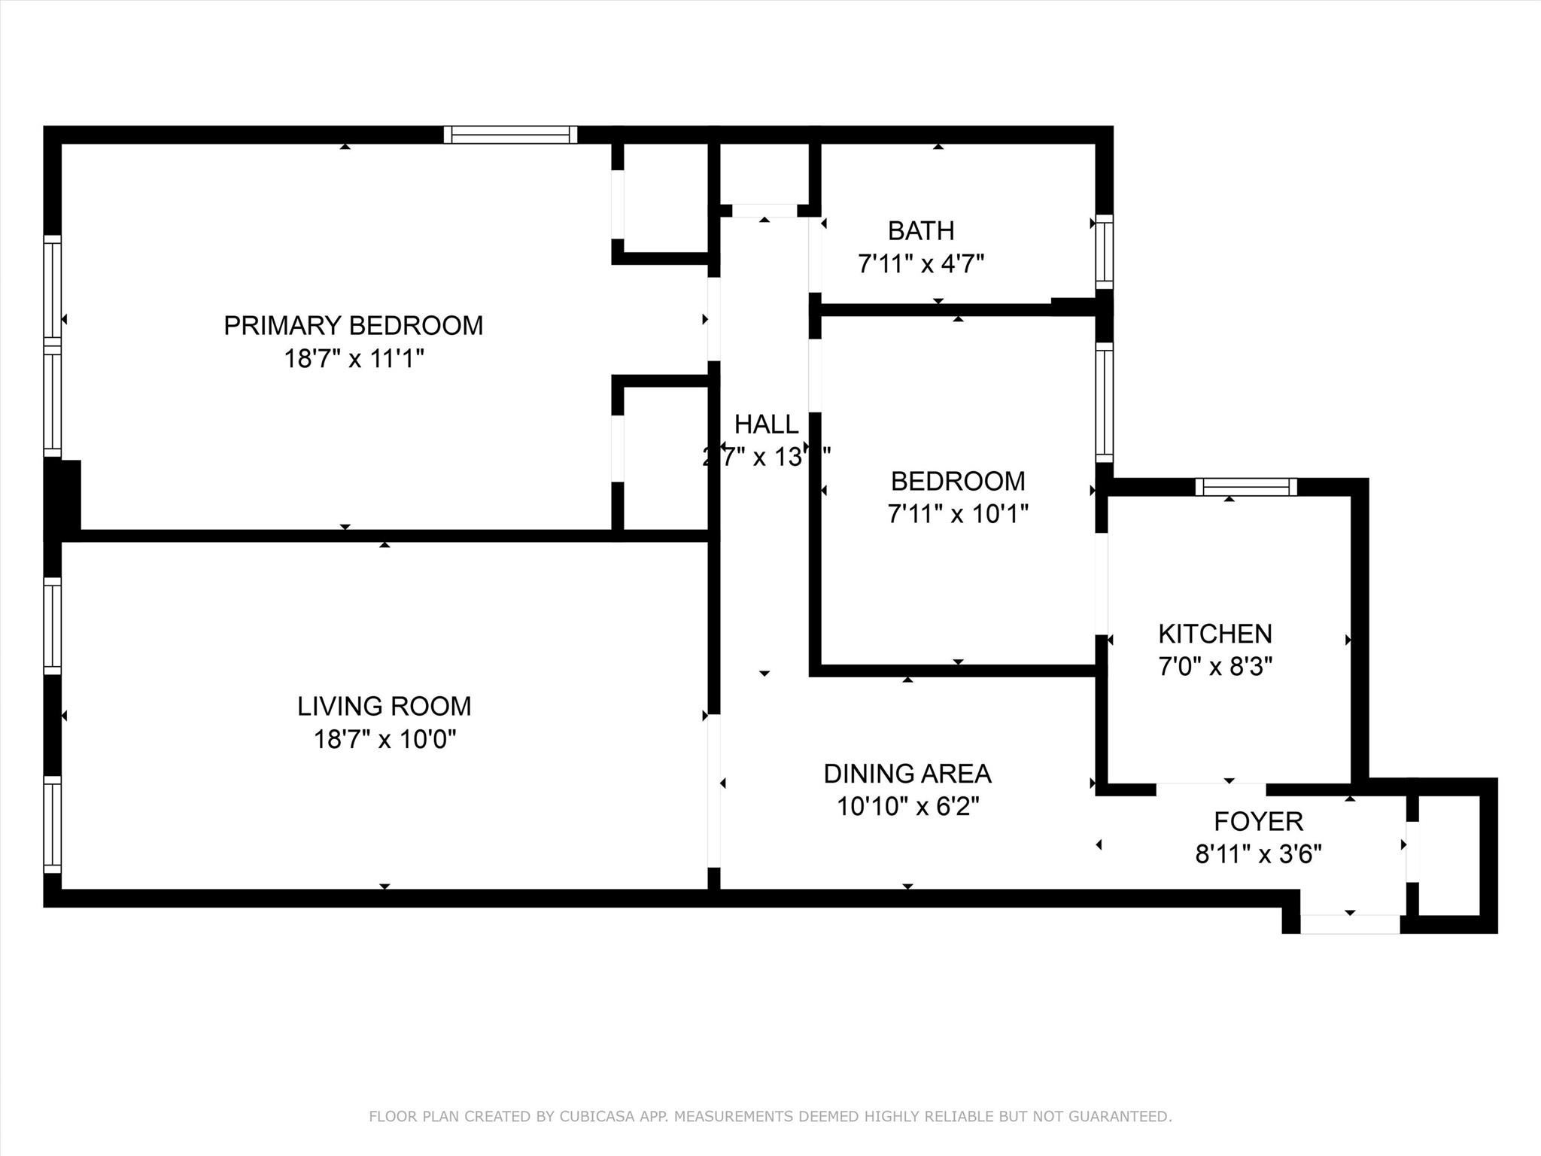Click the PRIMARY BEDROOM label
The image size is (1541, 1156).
click(x=353, y=325)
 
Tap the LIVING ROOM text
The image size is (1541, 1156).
click(x=384, y=706)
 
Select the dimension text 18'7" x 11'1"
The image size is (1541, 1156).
click(x=353, y=359)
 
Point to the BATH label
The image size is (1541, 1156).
click(x=920, y=230)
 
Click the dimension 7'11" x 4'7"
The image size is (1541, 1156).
click(x=920, y=264)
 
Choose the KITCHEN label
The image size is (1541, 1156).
click(x=1214, y=634)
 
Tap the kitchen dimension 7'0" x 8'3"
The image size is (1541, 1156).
click(x=1214, y=667)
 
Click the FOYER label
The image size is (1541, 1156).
click(x=1257, y=821)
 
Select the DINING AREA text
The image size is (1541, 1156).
click(x=907, y=774)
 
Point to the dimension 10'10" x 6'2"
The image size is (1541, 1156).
click(x=907, y=807)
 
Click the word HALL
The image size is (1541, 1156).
click(x=765, y=424)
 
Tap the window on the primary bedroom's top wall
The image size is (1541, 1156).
click(x=510, y=135)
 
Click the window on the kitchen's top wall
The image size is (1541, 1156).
click(x=1246, y=487)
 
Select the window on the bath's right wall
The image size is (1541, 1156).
click(x=1103, y=251)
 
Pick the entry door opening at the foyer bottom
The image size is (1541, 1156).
click(x=1349, y=924)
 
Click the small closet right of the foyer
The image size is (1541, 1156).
click(x=1449, y=855)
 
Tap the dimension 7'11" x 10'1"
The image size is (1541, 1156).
click(x=957, y=514)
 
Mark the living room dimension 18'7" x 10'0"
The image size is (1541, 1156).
click(x=384, y=740)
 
